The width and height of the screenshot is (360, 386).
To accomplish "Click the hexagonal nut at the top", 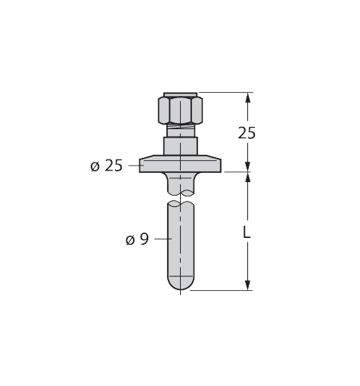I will click(x=179, y=111).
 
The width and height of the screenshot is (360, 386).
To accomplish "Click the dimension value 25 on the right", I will click(x=247, y=133).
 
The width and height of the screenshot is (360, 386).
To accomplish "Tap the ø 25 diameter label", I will click(x=106, y=165).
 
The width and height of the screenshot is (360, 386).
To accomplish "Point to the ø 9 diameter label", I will click(x=137, y=239).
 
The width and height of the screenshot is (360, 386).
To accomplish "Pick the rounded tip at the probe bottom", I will click(x=179, y=283).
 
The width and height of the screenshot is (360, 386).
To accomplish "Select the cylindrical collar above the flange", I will click(x=179, y=145).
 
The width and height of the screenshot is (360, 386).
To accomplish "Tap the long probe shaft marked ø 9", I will click(x=179, y=242).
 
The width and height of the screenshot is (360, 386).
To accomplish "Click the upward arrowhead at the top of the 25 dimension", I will click(x=247, y=97).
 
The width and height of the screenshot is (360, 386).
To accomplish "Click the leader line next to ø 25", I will click(x=133, y=165).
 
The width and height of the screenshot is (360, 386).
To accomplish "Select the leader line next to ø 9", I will click(x=160, y=239).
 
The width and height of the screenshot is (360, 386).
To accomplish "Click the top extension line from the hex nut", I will click(x=223, y=93).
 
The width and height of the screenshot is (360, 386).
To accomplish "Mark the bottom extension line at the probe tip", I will click(x=219, y=289).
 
